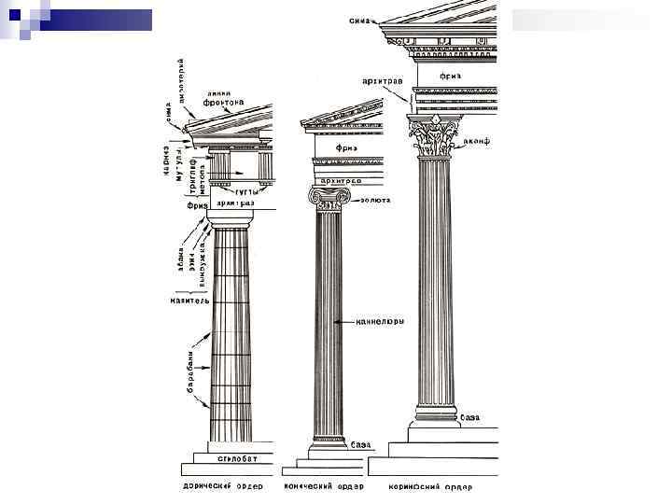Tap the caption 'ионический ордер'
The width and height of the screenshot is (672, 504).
[x=330, y=486]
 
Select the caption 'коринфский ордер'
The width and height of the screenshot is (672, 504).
[x=438, y=486]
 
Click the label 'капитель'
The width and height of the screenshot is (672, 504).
[x=189, y=302]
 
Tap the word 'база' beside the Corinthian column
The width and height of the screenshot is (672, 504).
[x=471, y=417]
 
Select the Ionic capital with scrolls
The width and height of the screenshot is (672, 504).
[x=329, y=198]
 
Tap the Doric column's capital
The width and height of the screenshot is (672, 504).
[x=230, y=220]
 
